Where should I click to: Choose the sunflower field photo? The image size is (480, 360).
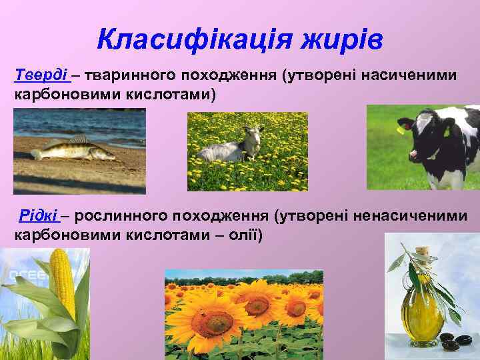coord(243,313)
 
